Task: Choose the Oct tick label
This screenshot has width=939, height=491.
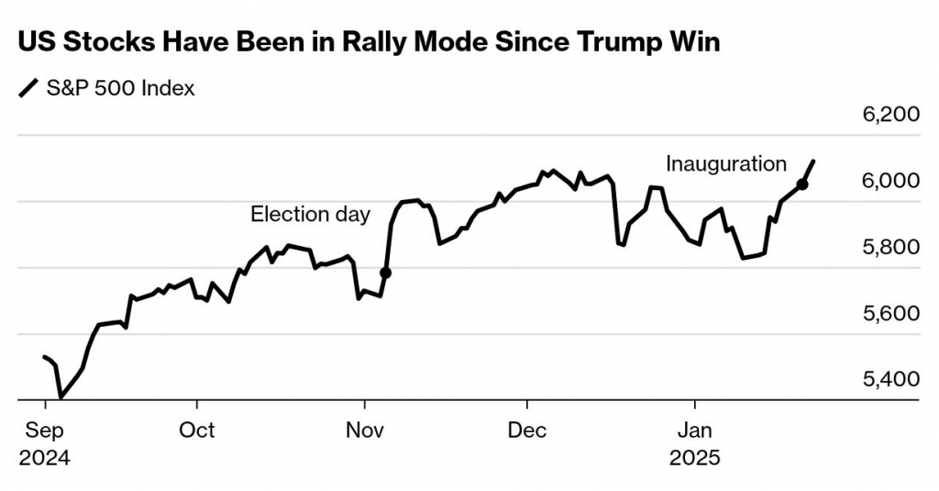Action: click(196, 430)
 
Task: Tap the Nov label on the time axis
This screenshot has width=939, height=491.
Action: click(364, 430)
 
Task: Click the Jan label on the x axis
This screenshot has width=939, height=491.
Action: click(694, 430)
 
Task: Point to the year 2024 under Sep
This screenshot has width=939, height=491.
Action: click(44, 456)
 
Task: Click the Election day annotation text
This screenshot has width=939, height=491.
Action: click(310, 215)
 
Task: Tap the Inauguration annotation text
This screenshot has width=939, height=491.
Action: click(725, 164)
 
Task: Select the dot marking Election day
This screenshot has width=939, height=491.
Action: click(385, 273)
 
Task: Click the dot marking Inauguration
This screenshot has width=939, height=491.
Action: click(802, 184)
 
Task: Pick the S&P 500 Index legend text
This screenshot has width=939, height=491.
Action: click(120, 89)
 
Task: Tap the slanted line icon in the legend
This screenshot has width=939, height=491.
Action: click(28, 89)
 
